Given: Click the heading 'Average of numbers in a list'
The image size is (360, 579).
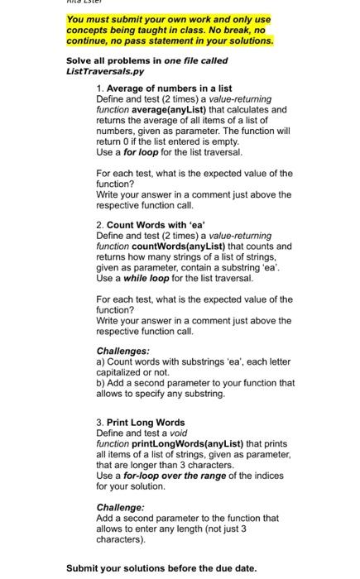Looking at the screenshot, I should pyautogui.click(x=169, y=88).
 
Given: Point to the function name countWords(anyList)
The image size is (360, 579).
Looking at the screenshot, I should pyautogui.click(x=177, y=246).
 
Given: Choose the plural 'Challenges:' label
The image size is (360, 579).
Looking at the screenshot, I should pyautogui.click(x=122, y=351).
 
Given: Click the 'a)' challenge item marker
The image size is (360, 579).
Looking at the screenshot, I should pyautogui.click(x=100, y=361).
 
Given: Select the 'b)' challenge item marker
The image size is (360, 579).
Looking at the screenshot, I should pyautogui.click(x=100, y=383).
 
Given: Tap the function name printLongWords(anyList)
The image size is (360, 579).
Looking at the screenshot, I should pyautogui.click(x=180, y=443).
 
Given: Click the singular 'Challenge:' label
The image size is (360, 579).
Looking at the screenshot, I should pyautogui.click(x=120, y=507).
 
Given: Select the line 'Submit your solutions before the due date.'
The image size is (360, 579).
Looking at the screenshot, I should pyautogui.click(x=161, y=568).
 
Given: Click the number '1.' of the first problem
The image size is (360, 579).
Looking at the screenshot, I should pyautogui.click(x=100, y=88).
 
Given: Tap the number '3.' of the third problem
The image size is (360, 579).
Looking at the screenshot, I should pyautogui.click(x=100, y=422).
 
